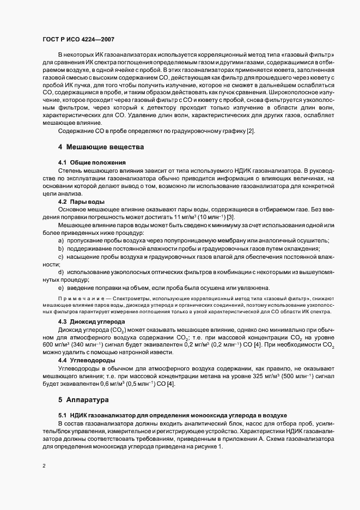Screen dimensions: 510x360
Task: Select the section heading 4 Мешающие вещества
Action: click(101, 147)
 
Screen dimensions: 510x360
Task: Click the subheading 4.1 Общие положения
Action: click(92, 162)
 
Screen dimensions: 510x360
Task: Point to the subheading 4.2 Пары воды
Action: click(81, 202)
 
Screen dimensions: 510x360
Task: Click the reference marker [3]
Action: click(199, 217)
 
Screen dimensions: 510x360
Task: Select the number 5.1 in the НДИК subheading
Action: click(63, 415)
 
